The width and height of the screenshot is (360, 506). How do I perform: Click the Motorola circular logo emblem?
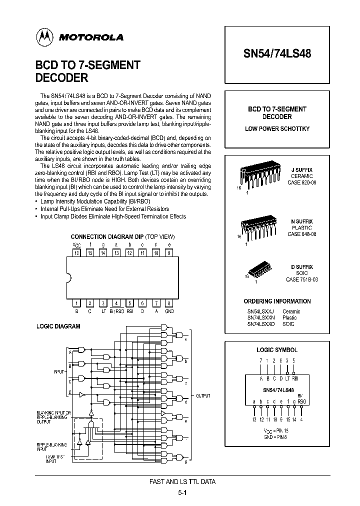coord(43,36)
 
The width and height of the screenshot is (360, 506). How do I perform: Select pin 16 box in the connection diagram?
coord(76,253)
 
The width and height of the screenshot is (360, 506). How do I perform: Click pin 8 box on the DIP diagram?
coord(169,303)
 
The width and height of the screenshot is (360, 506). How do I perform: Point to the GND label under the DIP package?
coord(169,310)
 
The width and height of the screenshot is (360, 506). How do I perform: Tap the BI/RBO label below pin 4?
coord(116,310)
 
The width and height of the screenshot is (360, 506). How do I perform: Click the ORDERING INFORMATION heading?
coord(277,301)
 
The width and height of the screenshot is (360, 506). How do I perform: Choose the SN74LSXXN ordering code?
coord(260,317)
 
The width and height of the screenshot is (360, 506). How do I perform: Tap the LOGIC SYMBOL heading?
coord(276,350)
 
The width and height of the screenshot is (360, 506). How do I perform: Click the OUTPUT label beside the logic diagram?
coord(202,395)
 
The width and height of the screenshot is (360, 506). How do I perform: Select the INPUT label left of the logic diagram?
coord(58,372)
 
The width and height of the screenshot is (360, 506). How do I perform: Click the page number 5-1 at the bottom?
coord(182,492)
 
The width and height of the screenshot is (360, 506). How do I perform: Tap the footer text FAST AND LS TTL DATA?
coord(182,481)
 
